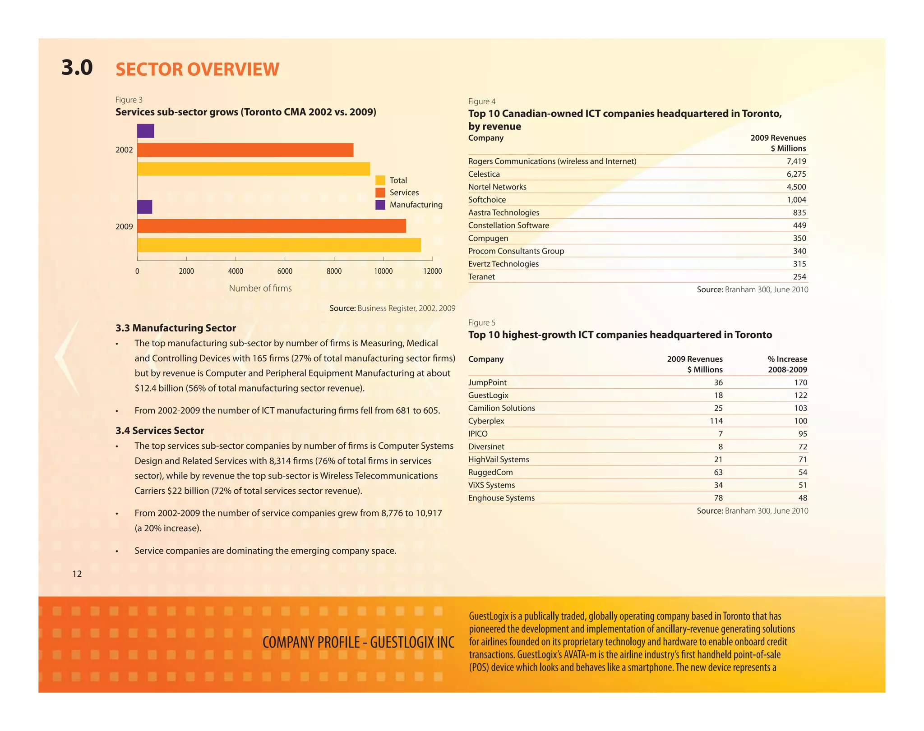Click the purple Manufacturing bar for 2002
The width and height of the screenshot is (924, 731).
point(146,131)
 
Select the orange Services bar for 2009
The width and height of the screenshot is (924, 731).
point(271,226)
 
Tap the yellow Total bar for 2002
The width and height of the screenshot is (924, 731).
point(253,169)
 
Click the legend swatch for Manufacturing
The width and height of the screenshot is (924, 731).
point(380,205)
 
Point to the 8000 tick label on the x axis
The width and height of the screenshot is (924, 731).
point(334,271)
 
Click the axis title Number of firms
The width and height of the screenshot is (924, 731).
point(260,288)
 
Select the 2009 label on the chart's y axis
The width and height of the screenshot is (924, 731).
point(124,226)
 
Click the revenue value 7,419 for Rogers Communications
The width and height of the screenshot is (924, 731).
point(796,161)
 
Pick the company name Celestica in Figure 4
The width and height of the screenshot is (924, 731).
point(484,174)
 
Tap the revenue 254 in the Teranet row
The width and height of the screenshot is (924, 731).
point(799,277)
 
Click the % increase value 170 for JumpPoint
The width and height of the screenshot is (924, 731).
point(800,382)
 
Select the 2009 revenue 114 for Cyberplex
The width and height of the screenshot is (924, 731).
point(716,421)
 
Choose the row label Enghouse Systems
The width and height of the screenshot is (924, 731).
point(501,498)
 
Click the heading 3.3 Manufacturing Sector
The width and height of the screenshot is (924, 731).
point(176,328)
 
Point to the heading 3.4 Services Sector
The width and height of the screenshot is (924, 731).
point(160,431)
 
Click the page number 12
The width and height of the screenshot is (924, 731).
point(77,574)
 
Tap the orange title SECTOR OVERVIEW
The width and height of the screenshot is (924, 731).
point(197,69)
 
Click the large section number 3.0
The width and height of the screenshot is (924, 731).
point(77,68)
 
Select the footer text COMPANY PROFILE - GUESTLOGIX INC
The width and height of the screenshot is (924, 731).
point(358,642)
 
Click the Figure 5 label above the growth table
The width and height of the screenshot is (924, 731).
point(481,322)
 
